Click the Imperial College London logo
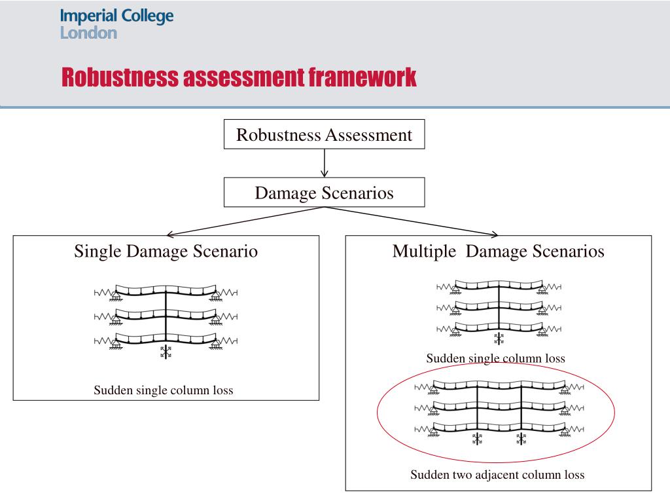[x=116, y=24]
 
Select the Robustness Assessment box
[x=324, y=135]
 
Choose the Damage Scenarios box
[x=324, y=193]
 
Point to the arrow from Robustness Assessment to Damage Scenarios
[x=324, y=163]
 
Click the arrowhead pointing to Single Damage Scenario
[x=169, y=234]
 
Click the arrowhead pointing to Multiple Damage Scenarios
[x=495, y=234]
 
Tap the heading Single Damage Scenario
[x=166, y=251]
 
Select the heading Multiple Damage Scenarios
[x=498, y=251]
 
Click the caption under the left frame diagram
[x=163, y=390]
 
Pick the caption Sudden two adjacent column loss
[x=497, y=475]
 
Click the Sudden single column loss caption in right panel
[x=495, y=358]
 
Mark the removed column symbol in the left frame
[x=166, y=352]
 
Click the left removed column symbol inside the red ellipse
[x=477, y=439]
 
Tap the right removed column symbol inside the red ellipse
[x=521, y=439]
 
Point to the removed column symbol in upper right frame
[x=499, y=338]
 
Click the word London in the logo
[x=88, y=33]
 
